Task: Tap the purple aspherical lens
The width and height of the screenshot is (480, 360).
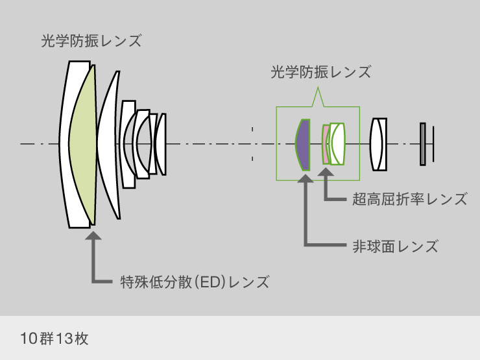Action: coord(303,143)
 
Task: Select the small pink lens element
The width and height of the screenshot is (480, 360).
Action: coord(325,143)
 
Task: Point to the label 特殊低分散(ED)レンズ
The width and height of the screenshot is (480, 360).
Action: coord(195,282)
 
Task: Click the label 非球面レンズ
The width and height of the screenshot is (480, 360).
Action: coord(395,246)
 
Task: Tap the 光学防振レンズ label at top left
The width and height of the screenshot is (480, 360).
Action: coord(91,41)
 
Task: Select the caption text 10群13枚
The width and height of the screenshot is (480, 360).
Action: coord(54,339)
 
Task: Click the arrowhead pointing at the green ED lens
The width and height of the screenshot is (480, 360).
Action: coord(93,235)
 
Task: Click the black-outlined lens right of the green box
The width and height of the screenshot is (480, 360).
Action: coord(378,143)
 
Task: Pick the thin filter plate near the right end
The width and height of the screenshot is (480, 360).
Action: coord(422,143)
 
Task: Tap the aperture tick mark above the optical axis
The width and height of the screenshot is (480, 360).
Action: coord(252,132)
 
